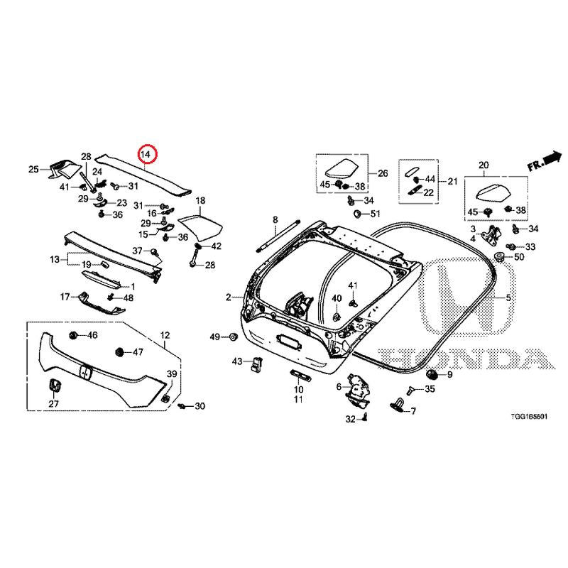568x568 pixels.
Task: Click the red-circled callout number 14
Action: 146,153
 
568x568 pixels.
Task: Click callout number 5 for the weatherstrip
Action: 508,297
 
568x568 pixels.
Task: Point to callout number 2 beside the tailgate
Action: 229,297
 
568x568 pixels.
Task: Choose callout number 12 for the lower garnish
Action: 165,334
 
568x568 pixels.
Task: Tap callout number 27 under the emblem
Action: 53,403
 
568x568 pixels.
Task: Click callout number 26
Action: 383,173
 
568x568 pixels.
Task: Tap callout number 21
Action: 452,182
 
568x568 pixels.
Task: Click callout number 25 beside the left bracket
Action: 33,169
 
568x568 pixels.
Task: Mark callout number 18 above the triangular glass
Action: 200,201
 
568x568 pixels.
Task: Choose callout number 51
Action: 375,214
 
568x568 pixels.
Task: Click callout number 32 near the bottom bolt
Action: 350,420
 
